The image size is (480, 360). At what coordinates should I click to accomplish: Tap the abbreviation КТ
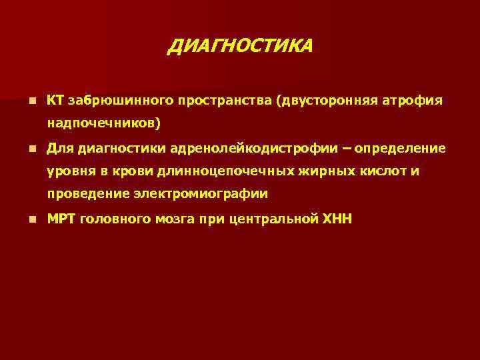[55, 100]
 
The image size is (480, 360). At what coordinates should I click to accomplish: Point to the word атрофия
[411, 100]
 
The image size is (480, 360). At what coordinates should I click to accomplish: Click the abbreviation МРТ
[61, 218]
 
